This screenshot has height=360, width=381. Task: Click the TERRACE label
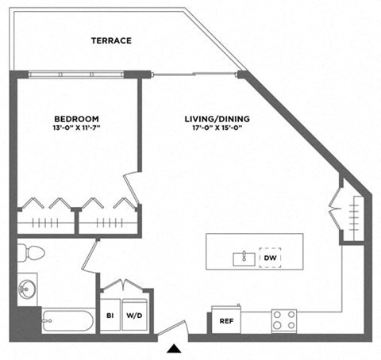tap(110, 40)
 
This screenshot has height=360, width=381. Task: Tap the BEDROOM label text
tap(77, 119)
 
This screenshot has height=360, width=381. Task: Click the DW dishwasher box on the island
tap(270, 259)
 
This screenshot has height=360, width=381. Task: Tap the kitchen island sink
tap(243, 259)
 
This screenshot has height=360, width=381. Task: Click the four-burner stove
tap(284, 320)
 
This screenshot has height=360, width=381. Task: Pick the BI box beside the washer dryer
tap(109, 315)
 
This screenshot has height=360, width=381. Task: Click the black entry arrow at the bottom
tap(173, 347)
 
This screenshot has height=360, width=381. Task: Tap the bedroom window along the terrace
tap(77, 75)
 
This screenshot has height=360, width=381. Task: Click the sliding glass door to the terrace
tap(195, 75)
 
